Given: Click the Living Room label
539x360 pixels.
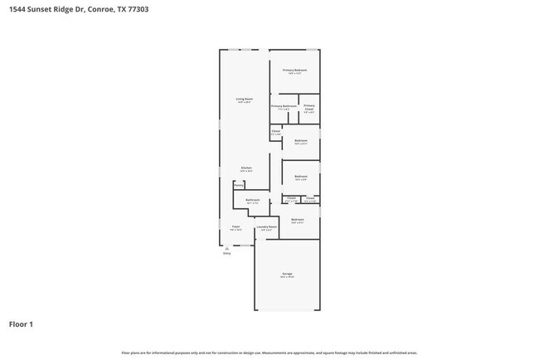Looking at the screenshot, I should [x=244, y=99].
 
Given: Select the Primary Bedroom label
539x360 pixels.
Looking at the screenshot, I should [x=294, y=71].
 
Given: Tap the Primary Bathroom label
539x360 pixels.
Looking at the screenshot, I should [x=284, y=106].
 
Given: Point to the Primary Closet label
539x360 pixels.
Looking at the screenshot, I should [x=308, y=107].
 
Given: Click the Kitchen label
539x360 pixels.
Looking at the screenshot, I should [x=246, y=168].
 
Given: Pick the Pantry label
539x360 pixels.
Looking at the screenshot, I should [x=238, y=186].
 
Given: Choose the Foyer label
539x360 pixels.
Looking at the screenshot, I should [x=236, y=226].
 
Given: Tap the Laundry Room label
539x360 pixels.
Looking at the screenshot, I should [x=266, y=226].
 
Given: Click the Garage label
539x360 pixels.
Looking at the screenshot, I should [x=287, y=273].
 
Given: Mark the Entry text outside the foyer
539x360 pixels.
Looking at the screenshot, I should [x=226, y=254].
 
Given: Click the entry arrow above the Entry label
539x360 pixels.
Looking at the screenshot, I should [x=226, y=248].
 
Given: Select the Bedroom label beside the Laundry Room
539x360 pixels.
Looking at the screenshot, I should [x=297, y=219].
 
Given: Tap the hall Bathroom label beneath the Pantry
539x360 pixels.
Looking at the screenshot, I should [x=253, y=200].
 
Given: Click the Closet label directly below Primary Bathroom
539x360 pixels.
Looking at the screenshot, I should [x=275, y=131].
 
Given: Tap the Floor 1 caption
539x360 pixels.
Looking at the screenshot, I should [x=22, y=324].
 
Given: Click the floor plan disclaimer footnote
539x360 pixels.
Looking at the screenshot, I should [x=269, y=353].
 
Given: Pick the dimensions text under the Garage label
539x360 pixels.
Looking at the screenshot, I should [x=287, y=277].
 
